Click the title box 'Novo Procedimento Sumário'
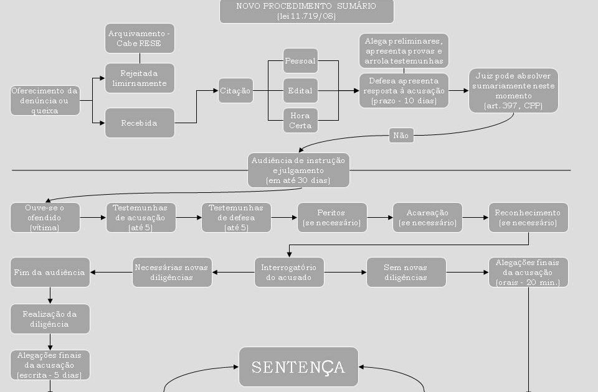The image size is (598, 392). [306, 11]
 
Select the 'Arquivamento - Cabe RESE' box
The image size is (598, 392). [140, 38]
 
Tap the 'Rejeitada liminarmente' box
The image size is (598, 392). [140, 78]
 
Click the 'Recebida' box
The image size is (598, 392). [140, 123]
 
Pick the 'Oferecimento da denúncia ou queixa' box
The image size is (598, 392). [45, 101]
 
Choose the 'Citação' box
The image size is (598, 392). [235, 91]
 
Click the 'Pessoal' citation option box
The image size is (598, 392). [300, 61]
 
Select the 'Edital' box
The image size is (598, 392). [300, 91]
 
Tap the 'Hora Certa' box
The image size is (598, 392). [300, 120]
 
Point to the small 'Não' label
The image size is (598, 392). [401, 135]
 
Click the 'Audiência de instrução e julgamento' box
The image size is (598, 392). [298, 170]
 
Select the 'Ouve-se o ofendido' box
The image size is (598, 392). [45, 217]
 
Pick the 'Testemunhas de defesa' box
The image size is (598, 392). [236, 217]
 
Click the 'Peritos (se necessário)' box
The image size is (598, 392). [331, 217]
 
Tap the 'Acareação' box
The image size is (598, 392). [427, 217]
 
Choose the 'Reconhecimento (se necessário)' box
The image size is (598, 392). [528, 217]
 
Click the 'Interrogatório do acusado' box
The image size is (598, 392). [289, 272]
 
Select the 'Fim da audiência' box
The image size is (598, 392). [50, 272]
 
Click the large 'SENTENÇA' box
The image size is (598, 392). [298, 366]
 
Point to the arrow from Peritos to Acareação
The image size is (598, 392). [379, 218]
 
